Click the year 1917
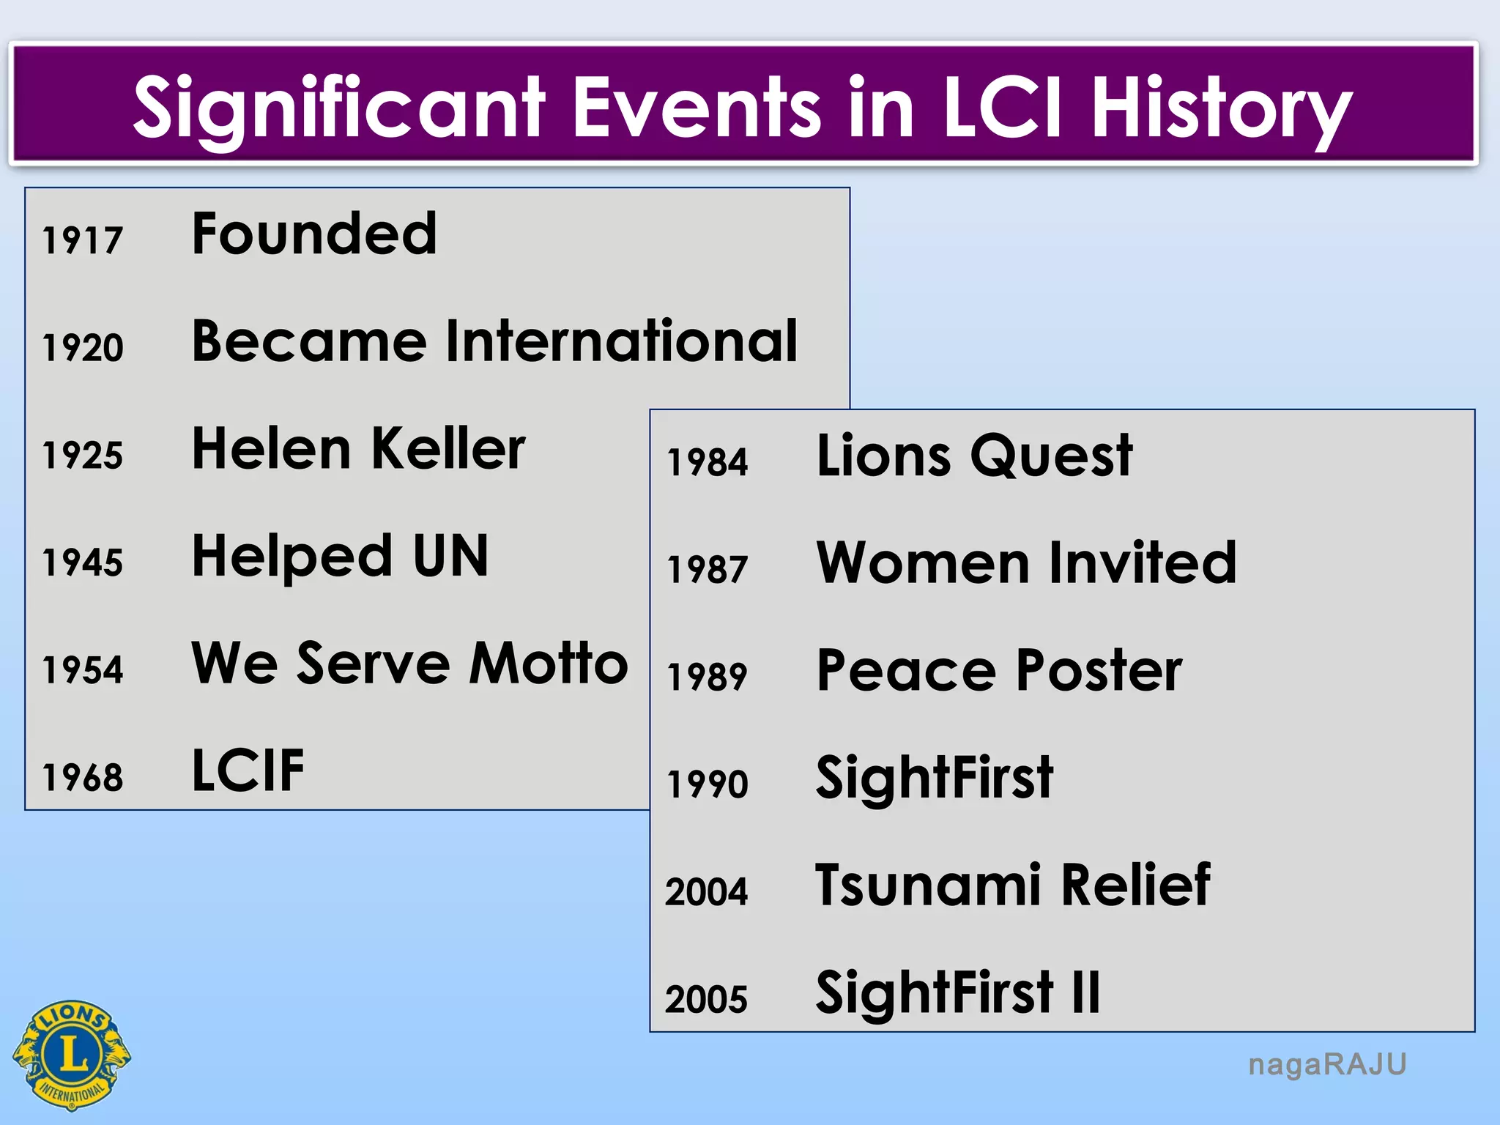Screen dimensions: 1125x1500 click(82, 240)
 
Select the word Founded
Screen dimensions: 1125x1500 click(314, 234)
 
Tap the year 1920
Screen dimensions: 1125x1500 click(83, 347)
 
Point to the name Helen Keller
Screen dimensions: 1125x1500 click(358, 448)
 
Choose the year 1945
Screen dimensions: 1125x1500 click(83, 562)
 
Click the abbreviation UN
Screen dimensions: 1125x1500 click(450, 556)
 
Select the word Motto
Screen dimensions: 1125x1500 click(549, 664)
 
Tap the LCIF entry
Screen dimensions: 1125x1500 click(248, 771)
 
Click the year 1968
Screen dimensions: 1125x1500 click(83, 777)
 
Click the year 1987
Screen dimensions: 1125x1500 click(708, 569)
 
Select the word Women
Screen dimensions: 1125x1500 click(924, 563)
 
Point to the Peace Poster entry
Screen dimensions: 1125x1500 click(998, 670)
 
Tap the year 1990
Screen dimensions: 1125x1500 click(708, 784)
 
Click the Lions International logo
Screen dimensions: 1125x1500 click(72, 1055)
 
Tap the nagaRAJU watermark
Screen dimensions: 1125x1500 click(1327, 1064)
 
